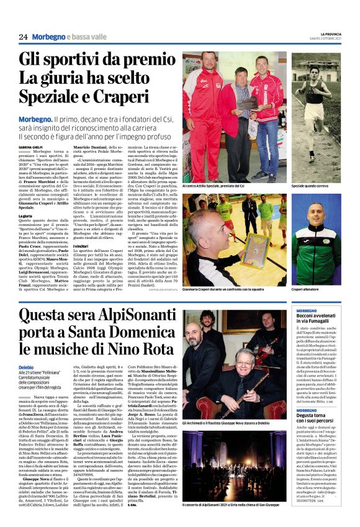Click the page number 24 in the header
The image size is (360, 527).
tap(23, 37)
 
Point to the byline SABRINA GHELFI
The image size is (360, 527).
tap(32, 146)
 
